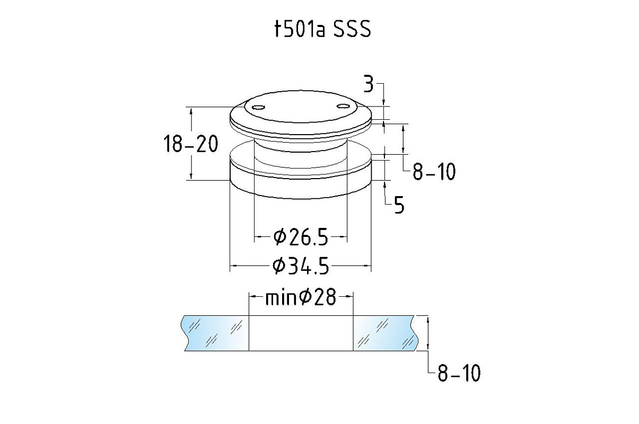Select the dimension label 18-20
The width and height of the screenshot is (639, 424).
191,144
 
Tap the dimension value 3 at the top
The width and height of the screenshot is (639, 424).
369,84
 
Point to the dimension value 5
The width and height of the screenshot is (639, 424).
399,205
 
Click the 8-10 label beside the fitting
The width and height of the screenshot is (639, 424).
434,172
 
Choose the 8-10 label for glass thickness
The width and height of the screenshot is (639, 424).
459,373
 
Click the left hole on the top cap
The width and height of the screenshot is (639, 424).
258,107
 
